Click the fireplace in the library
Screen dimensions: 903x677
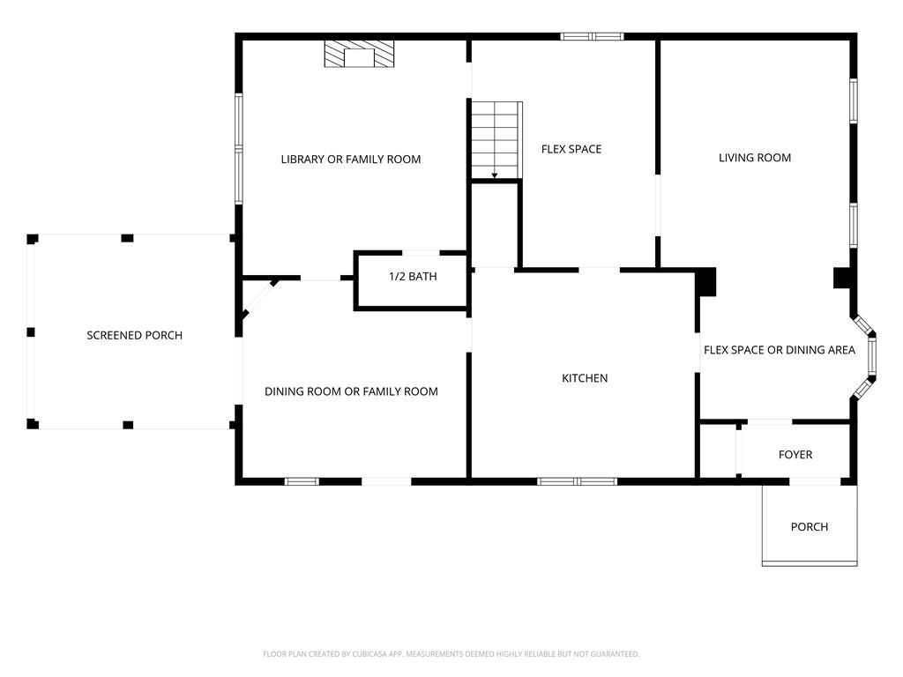pyautogui.click(x=360, y=54)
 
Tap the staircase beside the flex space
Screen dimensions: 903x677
pyautogui.click(x=496, y=140)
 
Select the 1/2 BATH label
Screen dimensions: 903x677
pyautogui.click(x=413, y=276)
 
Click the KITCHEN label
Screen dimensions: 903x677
pyautogui.click(x=585, y=378)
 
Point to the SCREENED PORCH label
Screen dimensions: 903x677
pyautogui.click(x=134, y=335)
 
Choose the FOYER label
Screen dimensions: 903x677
pyautogui.click(x=795, y=455)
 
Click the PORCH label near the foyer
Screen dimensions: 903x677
pyautogui.click(x=810, y=527)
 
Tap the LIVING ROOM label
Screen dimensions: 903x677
pyautogui.click(x=755, y=158)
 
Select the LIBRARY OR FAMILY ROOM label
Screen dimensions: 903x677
pyautogui.click(x=351, y=160)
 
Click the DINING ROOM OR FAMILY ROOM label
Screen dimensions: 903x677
pyautogui.click(x=351, y=391)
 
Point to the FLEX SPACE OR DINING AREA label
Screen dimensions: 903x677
pyautogui.click(x=780, y=350)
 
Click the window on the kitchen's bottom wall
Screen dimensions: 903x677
pyautogui.click(x=577, y=481)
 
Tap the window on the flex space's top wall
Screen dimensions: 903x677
pyautogui.click(x=592, y=36)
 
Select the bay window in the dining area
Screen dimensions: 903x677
pyautogui.click(x=866, y=357)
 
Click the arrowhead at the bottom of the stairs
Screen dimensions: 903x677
pyautogui.click(x=494, y=175)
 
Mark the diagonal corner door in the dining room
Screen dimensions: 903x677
pyautogui.click(x=259, y=299)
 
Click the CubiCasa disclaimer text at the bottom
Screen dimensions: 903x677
pyautogui.click(x=451, y=654)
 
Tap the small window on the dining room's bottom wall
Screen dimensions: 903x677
pyautogui.click(x=302, y=481)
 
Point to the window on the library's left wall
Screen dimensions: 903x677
pyautogui.click(x=238, y=149)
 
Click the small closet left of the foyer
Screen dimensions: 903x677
pyautogui.click(x=718, y=450)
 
